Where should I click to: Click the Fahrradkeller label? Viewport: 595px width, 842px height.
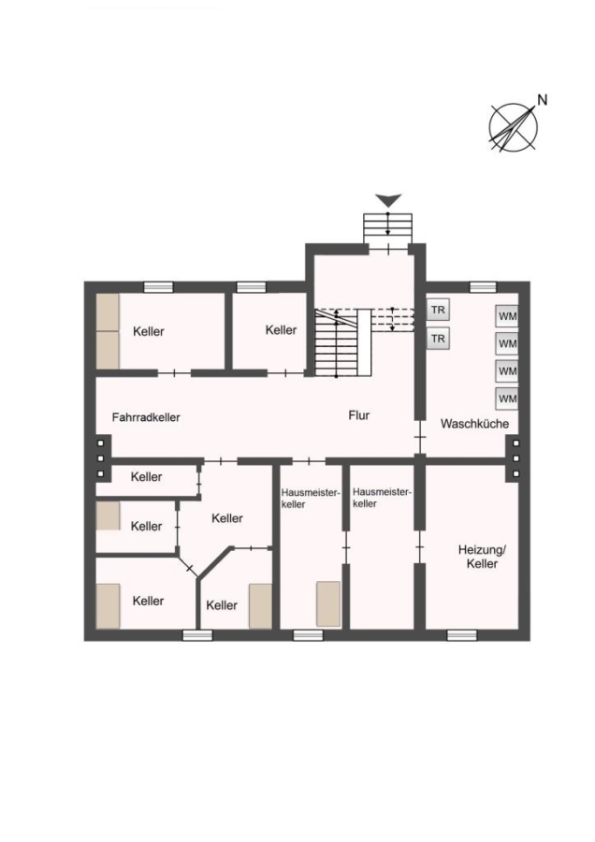[x=146, y=417]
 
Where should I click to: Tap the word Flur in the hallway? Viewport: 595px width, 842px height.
[x=359, y=415]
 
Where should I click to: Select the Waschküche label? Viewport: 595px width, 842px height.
[x=474, y=424]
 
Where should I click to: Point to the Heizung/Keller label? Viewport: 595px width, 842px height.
[x=482, y=557]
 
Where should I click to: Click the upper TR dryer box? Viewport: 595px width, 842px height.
[x=438, y=310]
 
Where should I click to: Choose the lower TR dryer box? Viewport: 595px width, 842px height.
[x=438, y=339]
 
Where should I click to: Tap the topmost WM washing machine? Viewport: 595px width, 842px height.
[x=507, y=316]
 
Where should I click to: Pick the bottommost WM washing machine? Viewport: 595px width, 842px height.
[x=507, y=399]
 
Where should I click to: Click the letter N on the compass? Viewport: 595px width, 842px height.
[x=543, y=100]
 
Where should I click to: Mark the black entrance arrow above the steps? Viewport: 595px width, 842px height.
[x=388, y=200]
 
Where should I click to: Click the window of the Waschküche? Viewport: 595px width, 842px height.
[x=483, y=287]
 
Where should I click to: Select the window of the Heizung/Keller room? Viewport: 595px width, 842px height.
[x=462, y=635]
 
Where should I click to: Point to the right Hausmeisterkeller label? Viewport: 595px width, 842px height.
[x=382, y=498]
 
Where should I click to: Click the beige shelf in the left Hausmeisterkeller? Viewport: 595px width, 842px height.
[x=328, y=603]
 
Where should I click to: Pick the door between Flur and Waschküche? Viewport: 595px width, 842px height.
[x=420, y=437]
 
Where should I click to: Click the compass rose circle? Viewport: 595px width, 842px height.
[x=513, y=128]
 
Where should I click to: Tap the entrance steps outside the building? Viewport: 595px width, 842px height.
[x=387, y=229]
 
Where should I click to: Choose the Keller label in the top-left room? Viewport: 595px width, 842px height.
[x=148, y=331]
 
